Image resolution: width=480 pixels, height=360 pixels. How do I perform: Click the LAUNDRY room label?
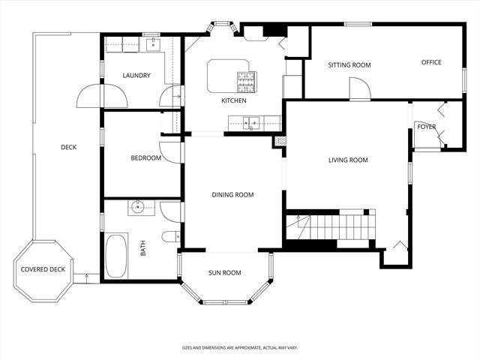pos(136,76)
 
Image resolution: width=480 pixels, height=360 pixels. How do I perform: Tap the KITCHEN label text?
pos(233,100)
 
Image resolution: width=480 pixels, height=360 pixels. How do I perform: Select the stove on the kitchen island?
pos(246,77)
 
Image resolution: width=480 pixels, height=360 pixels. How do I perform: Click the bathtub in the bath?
pos(116,256)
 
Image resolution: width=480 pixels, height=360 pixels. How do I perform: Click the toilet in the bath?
pos(170,237)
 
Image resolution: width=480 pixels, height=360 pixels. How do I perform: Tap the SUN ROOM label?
pos(224,273)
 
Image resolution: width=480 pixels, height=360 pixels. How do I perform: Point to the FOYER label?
pos(427,127)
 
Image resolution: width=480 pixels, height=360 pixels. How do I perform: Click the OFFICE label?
pos(430,62)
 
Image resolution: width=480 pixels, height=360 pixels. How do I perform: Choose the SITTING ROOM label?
pos(349,65)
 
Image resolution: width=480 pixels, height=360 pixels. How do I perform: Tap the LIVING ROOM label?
pos(348,160)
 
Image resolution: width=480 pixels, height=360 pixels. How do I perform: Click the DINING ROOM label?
pos(232,195)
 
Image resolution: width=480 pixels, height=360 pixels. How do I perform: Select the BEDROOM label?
pos(146,158)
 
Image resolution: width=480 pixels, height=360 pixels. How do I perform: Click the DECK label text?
pos(69,147)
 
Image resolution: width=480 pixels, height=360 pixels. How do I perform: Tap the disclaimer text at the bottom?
pos(239,348)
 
